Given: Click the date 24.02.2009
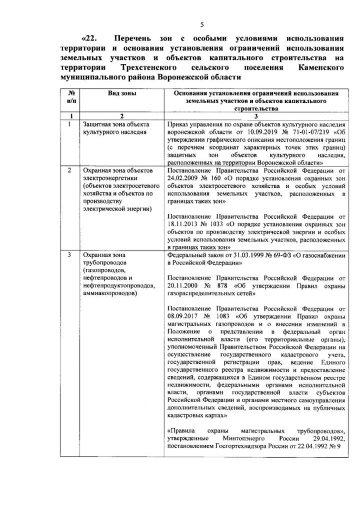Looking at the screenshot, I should tap(184, 177).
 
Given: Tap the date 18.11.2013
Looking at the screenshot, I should tap(184, 224).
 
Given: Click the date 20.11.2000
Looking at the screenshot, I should tap(184, 286).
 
